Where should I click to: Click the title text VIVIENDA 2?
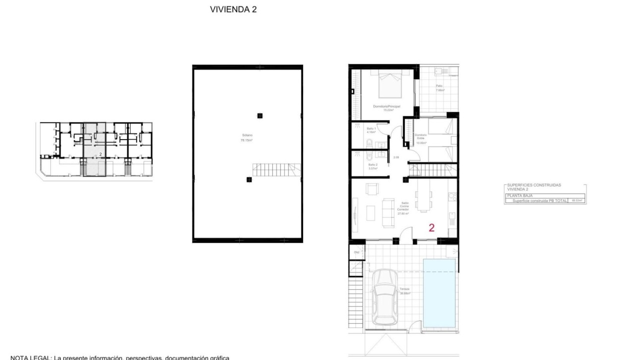point(234,9)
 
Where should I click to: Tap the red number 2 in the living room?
point(431,228)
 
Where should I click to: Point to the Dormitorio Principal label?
point(386,107)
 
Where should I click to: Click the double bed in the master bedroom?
point(390,85)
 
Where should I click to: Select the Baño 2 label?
point(373,166)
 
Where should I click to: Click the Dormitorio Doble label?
point(421,137)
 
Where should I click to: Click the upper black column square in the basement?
point(260,116)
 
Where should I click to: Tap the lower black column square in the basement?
point(249,180)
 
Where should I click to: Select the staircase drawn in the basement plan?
point(276,171)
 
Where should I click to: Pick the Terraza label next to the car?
point(404,291)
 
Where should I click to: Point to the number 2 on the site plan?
point(101,154)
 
